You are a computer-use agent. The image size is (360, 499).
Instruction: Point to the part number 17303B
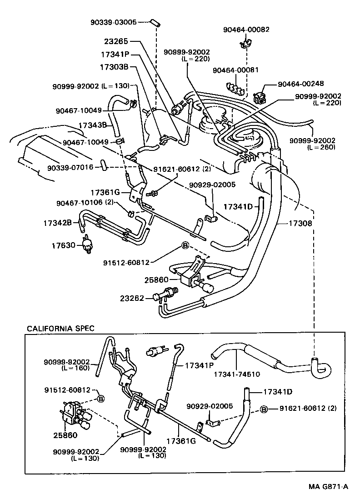(114, 67)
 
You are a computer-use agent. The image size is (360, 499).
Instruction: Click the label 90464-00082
(246, 30)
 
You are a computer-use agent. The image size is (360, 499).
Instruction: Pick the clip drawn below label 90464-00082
(244, 44)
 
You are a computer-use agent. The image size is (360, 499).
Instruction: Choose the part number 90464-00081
(235, 70)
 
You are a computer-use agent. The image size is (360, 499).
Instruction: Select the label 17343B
(92, 124)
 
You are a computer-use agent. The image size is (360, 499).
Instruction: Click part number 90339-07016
(70, 167)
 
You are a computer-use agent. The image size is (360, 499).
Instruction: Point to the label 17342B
(58, 223)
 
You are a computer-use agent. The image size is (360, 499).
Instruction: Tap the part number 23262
(132, 298)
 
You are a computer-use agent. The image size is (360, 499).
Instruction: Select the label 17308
(303, 224)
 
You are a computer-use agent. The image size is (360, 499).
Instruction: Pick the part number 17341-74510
(236, 374)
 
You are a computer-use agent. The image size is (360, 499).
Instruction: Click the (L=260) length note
(321, 147)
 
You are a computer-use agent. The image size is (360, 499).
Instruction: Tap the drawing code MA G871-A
(328, 486)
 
